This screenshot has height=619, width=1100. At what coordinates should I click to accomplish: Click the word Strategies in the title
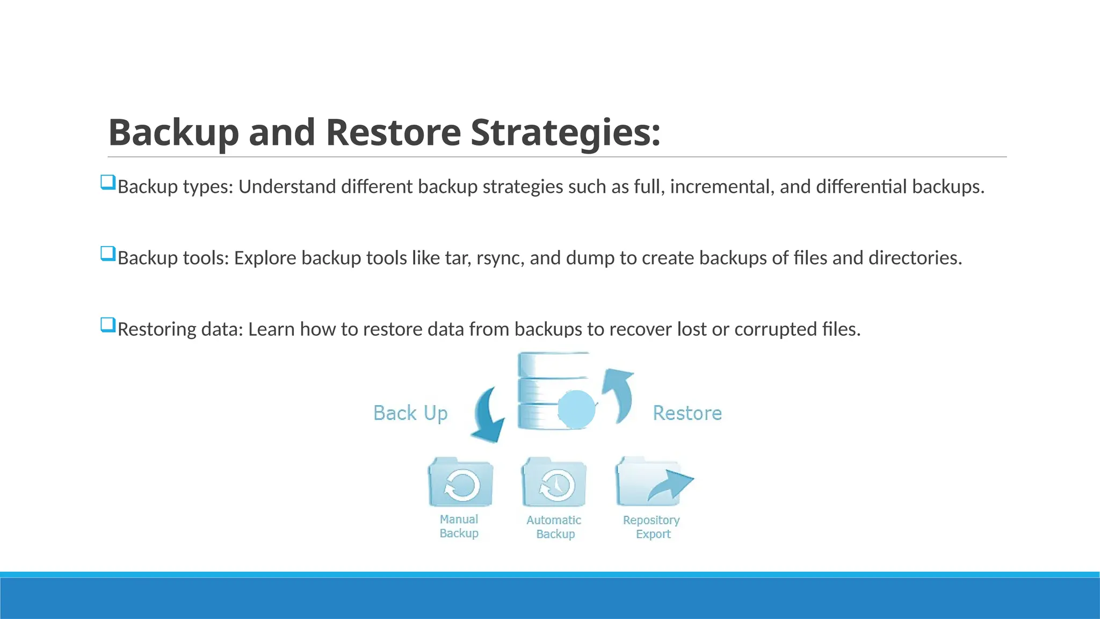click(565, 132)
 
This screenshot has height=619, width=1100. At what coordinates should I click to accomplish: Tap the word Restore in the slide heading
click(393, 132)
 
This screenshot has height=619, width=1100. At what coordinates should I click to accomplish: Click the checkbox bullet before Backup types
click(108, 182)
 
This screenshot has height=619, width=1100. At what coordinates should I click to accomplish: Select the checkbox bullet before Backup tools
click(108, 254)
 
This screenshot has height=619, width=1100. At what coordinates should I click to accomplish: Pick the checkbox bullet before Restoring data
click(108, 325)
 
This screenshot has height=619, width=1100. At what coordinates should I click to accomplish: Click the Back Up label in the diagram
click(410, 413)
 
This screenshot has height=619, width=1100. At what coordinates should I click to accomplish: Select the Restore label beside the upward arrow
click(687, 413)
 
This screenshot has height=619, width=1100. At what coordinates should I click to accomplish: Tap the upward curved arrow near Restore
click(619, 394)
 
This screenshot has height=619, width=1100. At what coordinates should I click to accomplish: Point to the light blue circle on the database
click(576, 409)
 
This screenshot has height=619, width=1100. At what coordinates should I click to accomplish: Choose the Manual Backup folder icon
click(461, 483)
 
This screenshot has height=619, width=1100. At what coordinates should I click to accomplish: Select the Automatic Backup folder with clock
click(554, 483)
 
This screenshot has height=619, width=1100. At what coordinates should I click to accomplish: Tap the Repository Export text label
click(652, 527)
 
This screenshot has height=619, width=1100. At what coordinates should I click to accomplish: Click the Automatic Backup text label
click(554, 527)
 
